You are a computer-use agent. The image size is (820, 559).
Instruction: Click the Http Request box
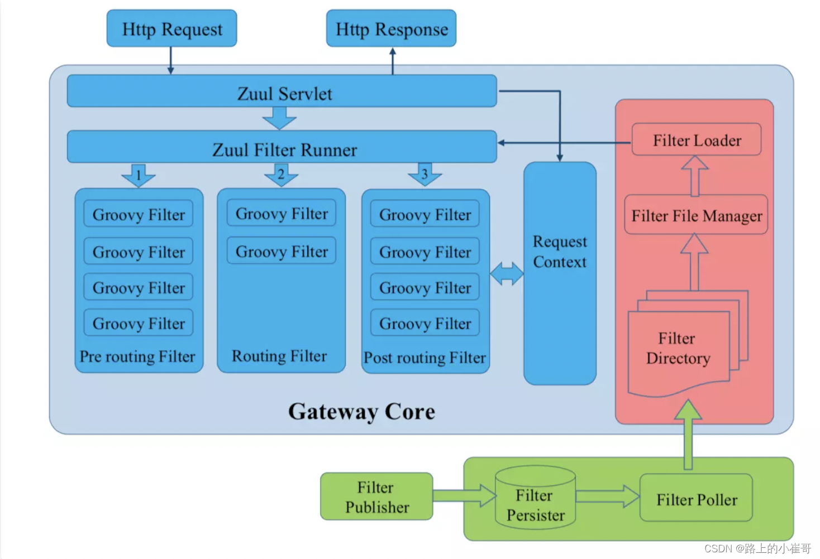click(x=171, y=28)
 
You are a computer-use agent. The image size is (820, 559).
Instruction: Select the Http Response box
click(x=391, y=28)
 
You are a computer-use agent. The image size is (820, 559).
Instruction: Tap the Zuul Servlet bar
click(x=282, y=91)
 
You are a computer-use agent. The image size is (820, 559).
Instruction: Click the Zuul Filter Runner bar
click(x=282, y=148)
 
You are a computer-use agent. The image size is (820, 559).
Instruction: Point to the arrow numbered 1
click(x=139, y=175)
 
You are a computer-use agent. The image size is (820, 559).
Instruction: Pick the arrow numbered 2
click(x=281, y=175)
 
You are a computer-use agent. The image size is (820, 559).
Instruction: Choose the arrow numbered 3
click(x=425, y=175)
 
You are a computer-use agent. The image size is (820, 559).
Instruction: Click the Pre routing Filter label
click(x=137, y=356)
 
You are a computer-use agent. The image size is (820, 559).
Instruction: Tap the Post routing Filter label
click(x=425, y=358)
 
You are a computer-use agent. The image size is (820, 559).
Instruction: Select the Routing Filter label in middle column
click(x=279, y=356)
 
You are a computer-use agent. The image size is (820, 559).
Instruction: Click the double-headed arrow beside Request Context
click(x=507, y=273)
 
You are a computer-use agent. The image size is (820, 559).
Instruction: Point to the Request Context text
click(x=560, y=252)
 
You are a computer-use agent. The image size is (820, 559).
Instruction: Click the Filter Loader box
click(x=697, y=140)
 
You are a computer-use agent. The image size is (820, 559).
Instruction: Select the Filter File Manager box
click(x=696, y=215)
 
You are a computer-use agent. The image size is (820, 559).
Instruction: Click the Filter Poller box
click(x=696, y=499)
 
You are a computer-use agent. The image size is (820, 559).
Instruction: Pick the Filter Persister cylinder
click(x=535, y=498)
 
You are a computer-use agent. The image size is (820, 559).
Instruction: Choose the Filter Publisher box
click(x=376, y=497)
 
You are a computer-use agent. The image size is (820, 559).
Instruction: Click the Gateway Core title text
click(x=361, y=412)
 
